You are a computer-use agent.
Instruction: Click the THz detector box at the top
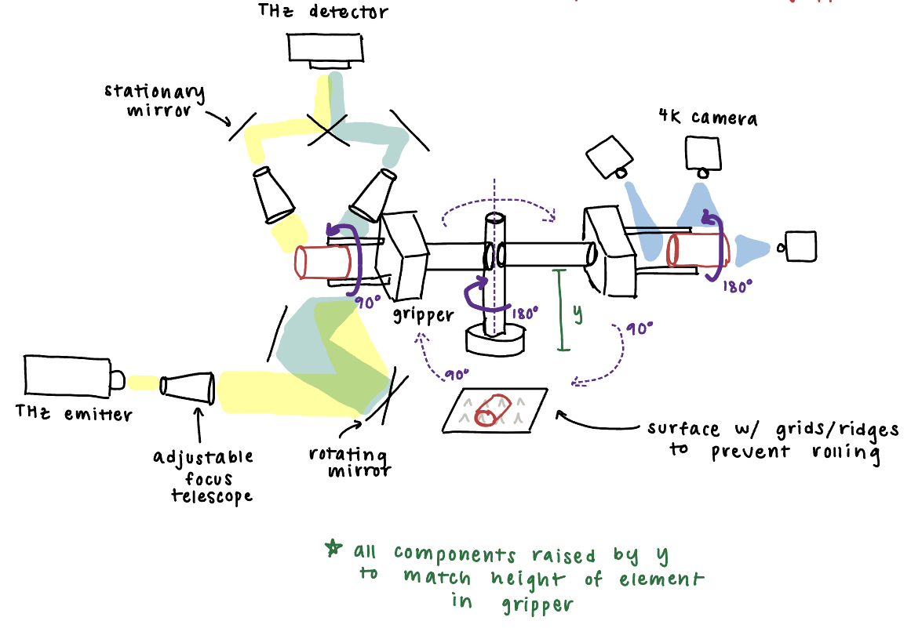click(x=325, y=49)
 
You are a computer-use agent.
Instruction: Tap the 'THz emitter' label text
click(x=74, y=413)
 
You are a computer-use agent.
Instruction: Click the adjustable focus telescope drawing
click(x=188, y=387)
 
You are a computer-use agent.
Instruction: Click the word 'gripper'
click(x=425, y=315)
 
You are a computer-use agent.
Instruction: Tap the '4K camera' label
click(x=709, y=118)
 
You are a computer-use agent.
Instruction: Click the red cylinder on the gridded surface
click(x=492, y=409)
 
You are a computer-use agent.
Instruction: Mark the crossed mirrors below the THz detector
click(x=327, y=130)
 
